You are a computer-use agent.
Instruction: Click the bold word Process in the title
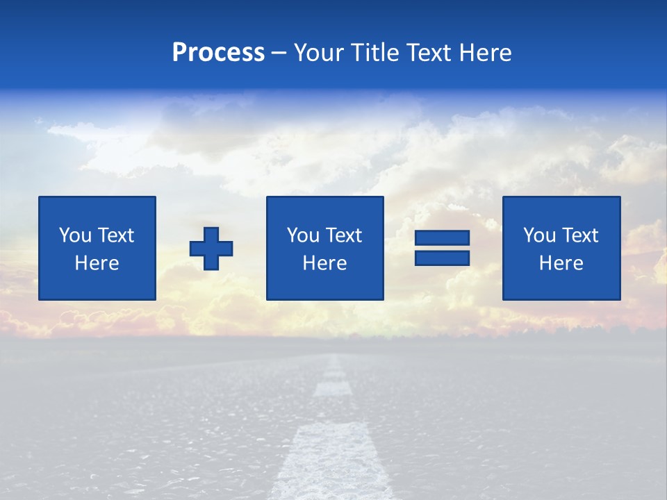point(218,53)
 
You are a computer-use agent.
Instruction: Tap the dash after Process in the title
point(279,53)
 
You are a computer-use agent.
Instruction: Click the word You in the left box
point(74,235)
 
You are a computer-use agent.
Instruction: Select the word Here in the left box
point(97,263)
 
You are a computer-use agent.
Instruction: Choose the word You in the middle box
point(302,235)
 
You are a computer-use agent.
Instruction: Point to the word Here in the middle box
point(324,263)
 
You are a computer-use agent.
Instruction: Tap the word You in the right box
point(538,235)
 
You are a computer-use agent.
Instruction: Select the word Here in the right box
point(561,263)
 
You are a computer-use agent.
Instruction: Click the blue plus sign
point(211,249)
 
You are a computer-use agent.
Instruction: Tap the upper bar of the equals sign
point(442,238)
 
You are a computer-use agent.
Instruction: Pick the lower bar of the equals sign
point(442,258)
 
